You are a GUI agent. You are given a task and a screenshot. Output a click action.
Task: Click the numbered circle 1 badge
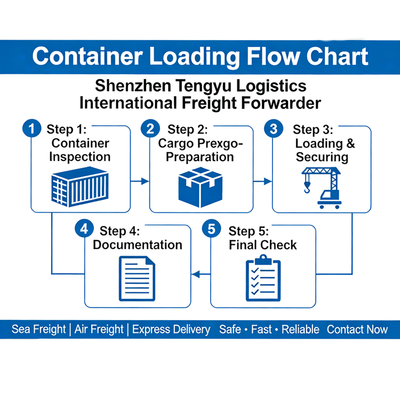[x=31, y=129]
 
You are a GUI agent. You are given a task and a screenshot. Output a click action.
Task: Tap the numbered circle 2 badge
[x=150, y=129]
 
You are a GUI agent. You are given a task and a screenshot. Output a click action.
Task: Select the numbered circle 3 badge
[x=274, y=129]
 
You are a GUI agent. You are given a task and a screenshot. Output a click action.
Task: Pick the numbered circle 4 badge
[x=84, y=229]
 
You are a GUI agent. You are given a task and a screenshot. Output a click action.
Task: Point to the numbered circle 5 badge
[x=212, y=229]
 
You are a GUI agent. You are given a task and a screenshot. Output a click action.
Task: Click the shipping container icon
[x=80, y=187]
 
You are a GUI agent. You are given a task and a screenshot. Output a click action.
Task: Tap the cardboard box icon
[x=200, y=188]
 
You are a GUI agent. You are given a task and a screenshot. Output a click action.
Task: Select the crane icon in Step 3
[x=322, y=188]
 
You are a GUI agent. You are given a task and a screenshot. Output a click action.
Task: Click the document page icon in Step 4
[x=137, y=278]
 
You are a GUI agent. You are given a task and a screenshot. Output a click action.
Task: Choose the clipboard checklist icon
[x=263, y=278]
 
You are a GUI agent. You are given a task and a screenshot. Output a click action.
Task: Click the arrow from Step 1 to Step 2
[x=140, y=181]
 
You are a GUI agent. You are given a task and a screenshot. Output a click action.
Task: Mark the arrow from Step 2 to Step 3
[x=263, y=181]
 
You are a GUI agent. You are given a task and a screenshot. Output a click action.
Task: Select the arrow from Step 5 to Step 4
[x=201, y=275]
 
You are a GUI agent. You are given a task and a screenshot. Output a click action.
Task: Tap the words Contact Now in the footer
[x=357, y=330]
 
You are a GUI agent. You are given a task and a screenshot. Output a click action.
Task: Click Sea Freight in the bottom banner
[x=39, y=329]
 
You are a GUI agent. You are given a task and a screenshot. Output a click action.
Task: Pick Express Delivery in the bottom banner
[x=171, y=330]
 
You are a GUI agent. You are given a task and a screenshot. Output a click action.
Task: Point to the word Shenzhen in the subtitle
[x=133, y=85]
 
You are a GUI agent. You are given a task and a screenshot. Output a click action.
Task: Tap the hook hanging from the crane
[x=307, y=187]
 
